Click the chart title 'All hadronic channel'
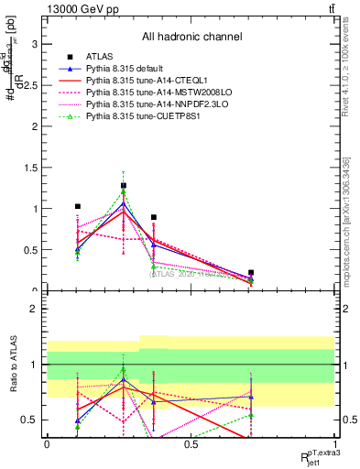click(x=191, y=37)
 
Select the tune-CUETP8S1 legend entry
click(x=137, y=117)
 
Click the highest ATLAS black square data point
click(x=124, y=186)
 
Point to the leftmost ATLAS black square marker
click(x=78, y=207)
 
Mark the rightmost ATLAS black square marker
click(x=251, y=273)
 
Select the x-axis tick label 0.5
click(x=191, y=443)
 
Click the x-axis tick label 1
click(x=335, y=443)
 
